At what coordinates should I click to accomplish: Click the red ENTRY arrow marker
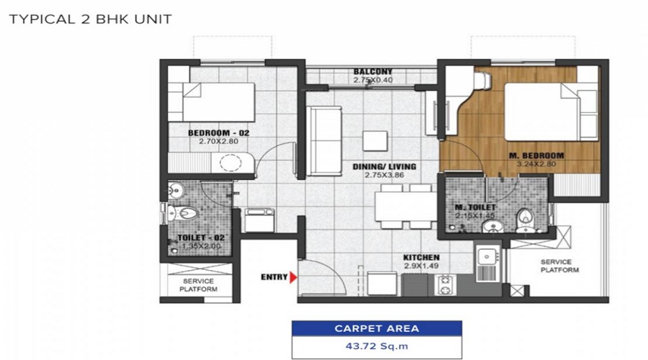point(292,276)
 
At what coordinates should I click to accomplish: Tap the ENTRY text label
point(274,276)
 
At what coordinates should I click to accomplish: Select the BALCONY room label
point(372,71)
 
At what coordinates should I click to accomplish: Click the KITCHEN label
point(421,258)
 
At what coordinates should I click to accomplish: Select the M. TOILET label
point(473,208)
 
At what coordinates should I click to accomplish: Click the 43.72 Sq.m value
point(377,347)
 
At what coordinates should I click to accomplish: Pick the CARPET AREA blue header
point(377,328)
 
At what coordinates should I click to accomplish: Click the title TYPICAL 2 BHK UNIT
point(90,19)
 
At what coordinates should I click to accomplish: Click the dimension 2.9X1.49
point(421,266)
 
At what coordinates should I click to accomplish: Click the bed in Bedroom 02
point(218,102)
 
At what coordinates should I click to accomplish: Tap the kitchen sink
point(487,257)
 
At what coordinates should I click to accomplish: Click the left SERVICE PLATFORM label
point(199,285)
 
